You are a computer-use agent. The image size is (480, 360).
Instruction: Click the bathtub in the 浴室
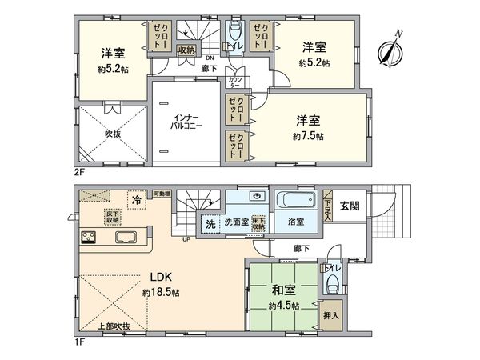[295, 200]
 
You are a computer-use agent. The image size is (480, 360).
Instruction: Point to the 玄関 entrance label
[349, 206]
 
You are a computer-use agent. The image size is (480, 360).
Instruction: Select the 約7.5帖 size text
[309, 137]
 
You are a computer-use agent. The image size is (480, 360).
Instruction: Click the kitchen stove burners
[88, 238]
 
